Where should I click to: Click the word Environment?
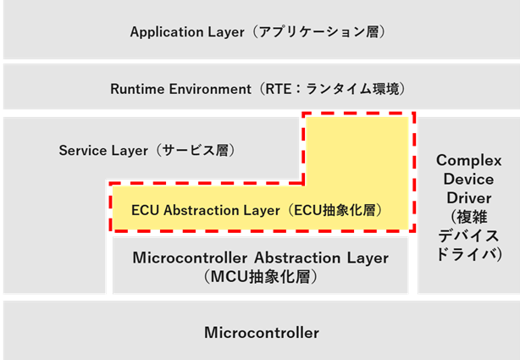point(209,88)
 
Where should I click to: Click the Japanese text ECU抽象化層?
point(339,210)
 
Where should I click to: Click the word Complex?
point(468,160)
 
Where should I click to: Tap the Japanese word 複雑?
point(468,216)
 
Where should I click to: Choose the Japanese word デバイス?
point(468,235)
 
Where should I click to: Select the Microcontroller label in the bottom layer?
point(262,333)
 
